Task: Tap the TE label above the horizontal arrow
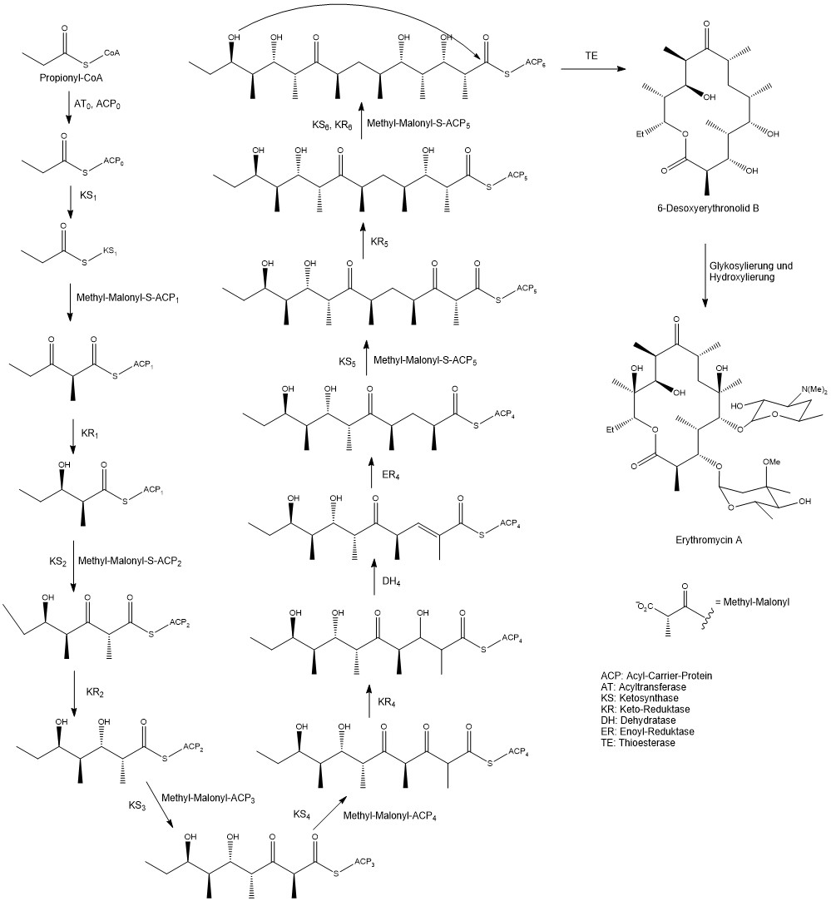tap(591, 56)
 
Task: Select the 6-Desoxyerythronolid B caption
tap(708, 208)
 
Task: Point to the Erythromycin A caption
tap(709, 540)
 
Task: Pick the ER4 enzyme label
tap(391, 475)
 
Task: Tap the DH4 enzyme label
tap(391, 582)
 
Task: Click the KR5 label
tap(379, 242)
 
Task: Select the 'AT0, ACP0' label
tap(97, 105)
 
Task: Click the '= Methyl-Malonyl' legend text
tap(752, 602)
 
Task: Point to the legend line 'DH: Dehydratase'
tap(638, 720)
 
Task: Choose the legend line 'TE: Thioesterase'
tap(638, 742)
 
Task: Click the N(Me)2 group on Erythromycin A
tap(815, 390)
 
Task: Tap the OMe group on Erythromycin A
tap(771, 462)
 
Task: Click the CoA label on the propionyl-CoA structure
tap(112, 53)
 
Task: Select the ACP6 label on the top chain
tap(535, 62)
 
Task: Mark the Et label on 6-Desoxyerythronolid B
tap(640, 135)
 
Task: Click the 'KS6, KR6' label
tap(332, 125)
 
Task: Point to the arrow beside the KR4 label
tap(369, 701)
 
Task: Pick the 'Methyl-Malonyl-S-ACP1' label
tap(127, 298)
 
